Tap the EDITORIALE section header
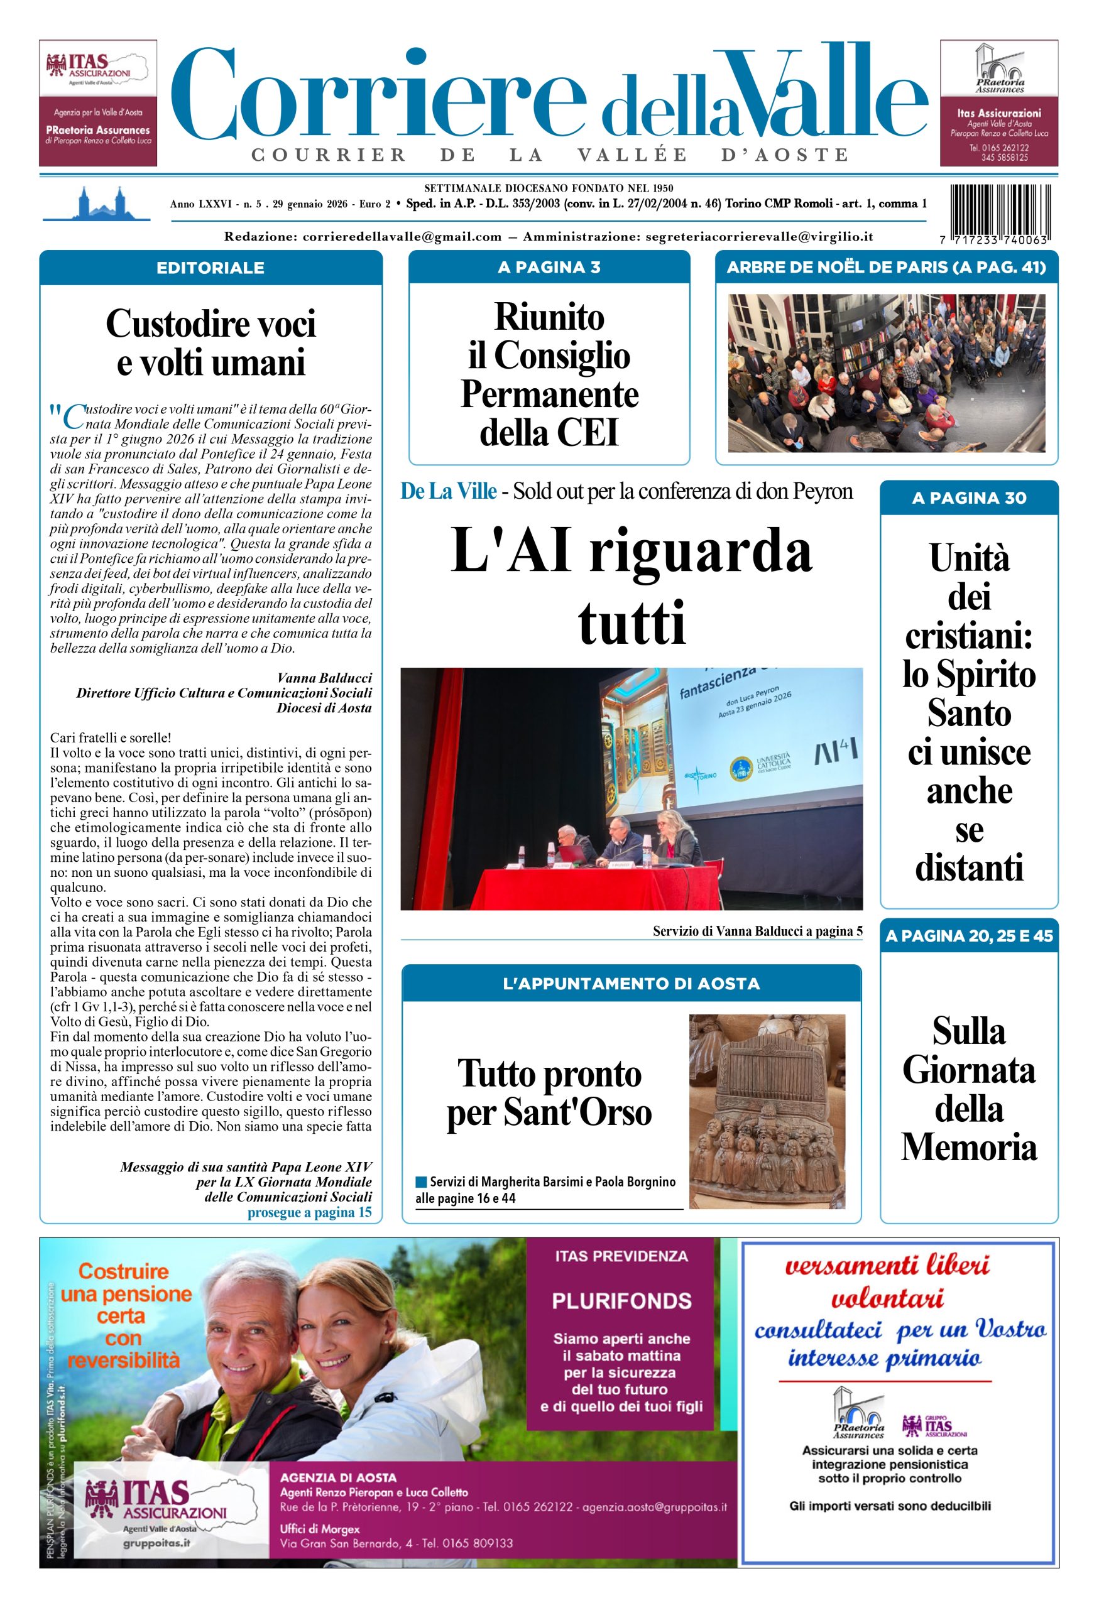click(x=211, y=268)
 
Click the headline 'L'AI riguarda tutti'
click(x=631, y=585)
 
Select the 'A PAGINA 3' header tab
click(x=549, y=267)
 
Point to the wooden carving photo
click(x=767, y=1111)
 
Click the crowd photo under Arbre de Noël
click(x=886, y=373)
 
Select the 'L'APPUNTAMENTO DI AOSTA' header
click(x=631, y=983)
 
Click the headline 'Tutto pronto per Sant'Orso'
click(x=549, y=1093)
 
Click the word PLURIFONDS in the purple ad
click(x=621, y=1301)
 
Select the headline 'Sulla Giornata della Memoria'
click(x=969, y=1089)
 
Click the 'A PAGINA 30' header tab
click(x=969, y=497)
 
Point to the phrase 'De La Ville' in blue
click(x=449, y=491)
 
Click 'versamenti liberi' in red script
click(x=887, y=1266)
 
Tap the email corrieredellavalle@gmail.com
click(x=402, y=237)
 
